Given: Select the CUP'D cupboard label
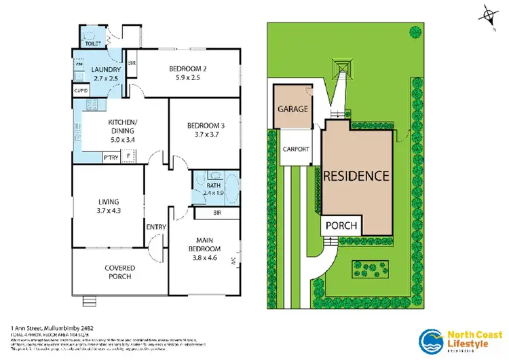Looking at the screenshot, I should (81, 90).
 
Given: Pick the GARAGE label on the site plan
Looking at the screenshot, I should (293, 109).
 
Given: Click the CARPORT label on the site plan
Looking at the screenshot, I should (295, 149).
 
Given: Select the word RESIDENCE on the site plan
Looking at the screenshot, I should (356, 175).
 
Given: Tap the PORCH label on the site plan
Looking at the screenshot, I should (341, 225).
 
